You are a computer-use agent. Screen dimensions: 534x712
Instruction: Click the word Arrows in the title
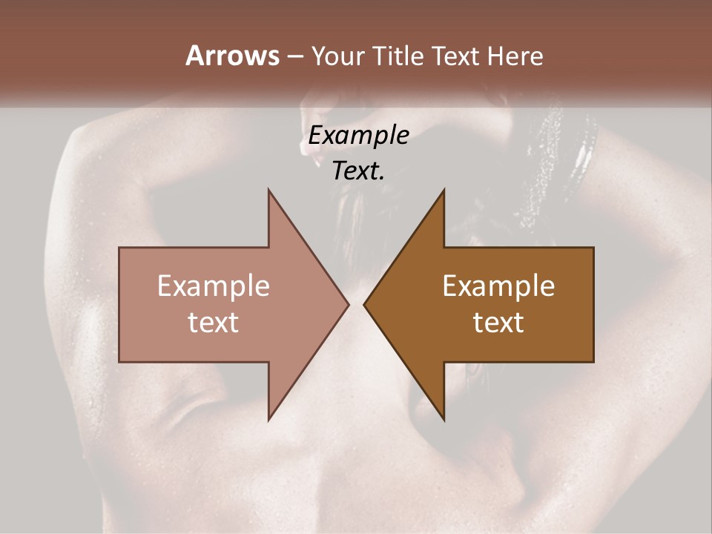231,56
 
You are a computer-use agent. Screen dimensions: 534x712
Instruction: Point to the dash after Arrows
294,57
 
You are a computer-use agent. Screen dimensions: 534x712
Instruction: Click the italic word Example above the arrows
358,136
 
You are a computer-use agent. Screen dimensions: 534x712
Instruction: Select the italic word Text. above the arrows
358,171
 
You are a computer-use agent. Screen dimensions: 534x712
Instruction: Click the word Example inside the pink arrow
213,286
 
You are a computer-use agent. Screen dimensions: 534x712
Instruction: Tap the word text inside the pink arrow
213,323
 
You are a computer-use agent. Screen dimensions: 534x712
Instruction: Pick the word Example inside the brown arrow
498,286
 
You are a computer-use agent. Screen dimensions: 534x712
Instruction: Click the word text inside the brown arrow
498,323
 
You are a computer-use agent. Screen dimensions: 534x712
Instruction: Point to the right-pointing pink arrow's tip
347,304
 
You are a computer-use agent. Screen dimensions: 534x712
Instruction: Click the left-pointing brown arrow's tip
365,304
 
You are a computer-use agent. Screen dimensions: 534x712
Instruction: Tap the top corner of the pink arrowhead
269,191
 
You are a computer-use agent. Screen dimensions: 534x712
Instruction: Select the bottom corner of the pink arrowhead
269,419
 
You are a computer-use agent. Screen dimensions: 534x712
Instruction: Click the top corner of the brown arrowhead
444,191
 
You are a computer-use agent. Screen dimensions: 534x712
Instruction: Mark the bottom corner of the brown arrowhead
444,419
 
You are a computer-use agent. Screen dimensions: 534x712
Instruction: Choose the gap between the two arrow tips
356,304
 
